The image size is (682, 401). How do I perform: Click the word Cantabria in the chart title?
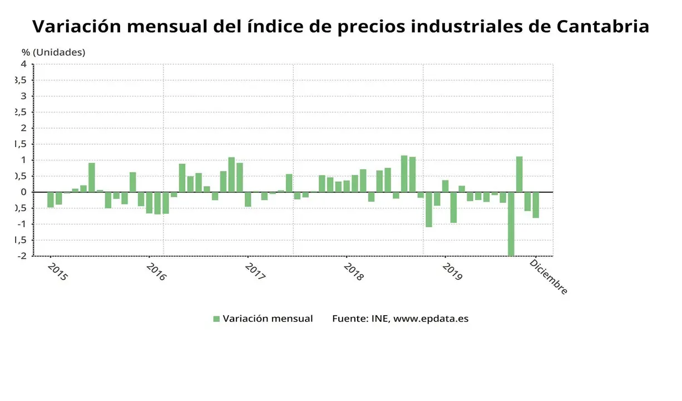(x=603, y=26)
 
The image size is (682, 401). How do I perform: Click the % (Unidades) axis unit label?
(x=53, y=52)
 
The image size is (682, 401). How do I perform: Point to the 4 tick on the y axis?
(x=23, y=64)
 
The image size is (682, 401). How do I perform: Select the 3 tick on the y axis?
(x=23, y=96)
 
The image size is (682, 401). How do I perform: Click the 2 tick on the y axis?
(x=23, y=128)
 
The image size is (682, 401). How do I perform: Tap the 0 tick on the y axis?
(x=23, y=192)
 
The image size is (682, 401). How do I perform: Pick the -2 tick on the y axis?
(x=21, y=256)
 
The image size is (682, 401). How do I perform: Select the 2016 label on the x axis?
(x=156, y=272)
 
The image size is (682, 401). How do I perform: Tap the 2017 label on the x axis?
(x=254, y=272)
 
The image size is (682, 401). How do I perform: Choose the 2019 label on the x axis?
(x=452, y=272)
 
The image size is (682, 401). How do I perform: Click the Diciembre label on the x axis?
(x=548, y=277)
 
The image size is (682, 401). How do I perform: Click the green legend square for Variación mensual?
(x=216, y=319)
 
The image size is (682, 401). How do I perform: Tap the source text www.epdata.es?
(x=431, y=319)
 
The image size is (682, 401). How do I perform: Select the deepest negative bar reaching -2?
(x=511, y=224)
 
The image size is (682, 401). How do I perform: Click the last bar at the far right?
(x=536, y=205)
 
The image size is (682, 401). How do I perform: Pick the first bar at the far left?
(x=51, y=199)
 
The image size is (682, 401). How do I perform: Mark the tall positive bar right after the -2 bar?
(x=519, y=174)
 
